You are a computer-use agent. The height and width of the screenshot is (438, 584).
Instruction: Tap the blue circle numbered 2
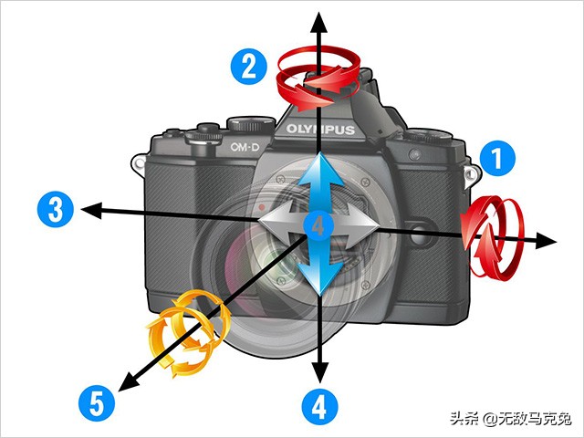[x=248, y=67]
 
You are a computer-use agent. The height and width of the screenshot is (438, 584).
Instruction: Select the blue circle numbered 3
[x=56, y=209]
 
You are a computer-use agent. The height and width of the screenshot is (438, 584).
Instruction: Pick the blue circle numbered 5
[x=96, y=401]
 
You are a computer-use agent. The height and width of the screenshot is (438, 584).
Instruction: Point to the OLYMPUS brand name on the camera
[x=320, y=130]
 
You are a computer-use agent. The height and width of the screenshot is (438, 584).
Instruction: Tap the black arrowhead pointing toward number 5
[x=127, y=381]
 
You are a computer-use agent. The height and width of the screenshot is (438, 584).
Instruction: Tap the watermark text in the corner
[x=510, y=418]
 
